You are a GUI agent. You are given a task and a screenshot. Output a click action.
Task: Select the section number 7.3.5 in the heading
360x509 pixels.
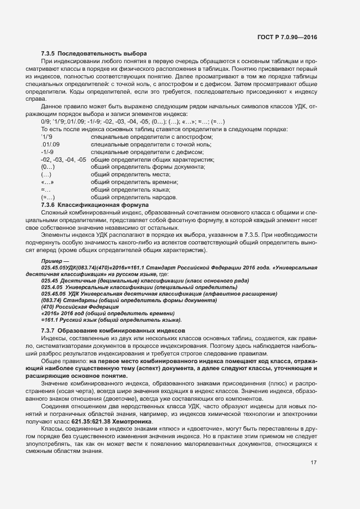[x=48, y=53]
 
